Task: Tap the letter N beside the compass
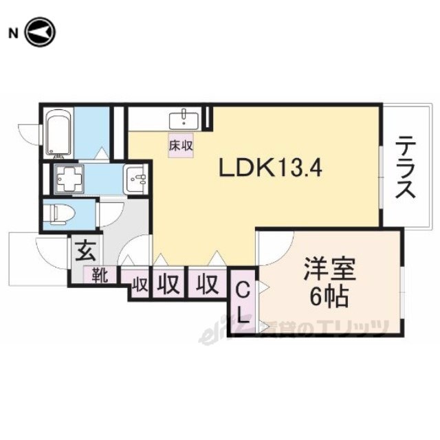pos(12,32)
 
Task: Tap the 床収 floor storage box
pos(181,145)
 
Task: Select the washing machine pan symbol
pos(69,179)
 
